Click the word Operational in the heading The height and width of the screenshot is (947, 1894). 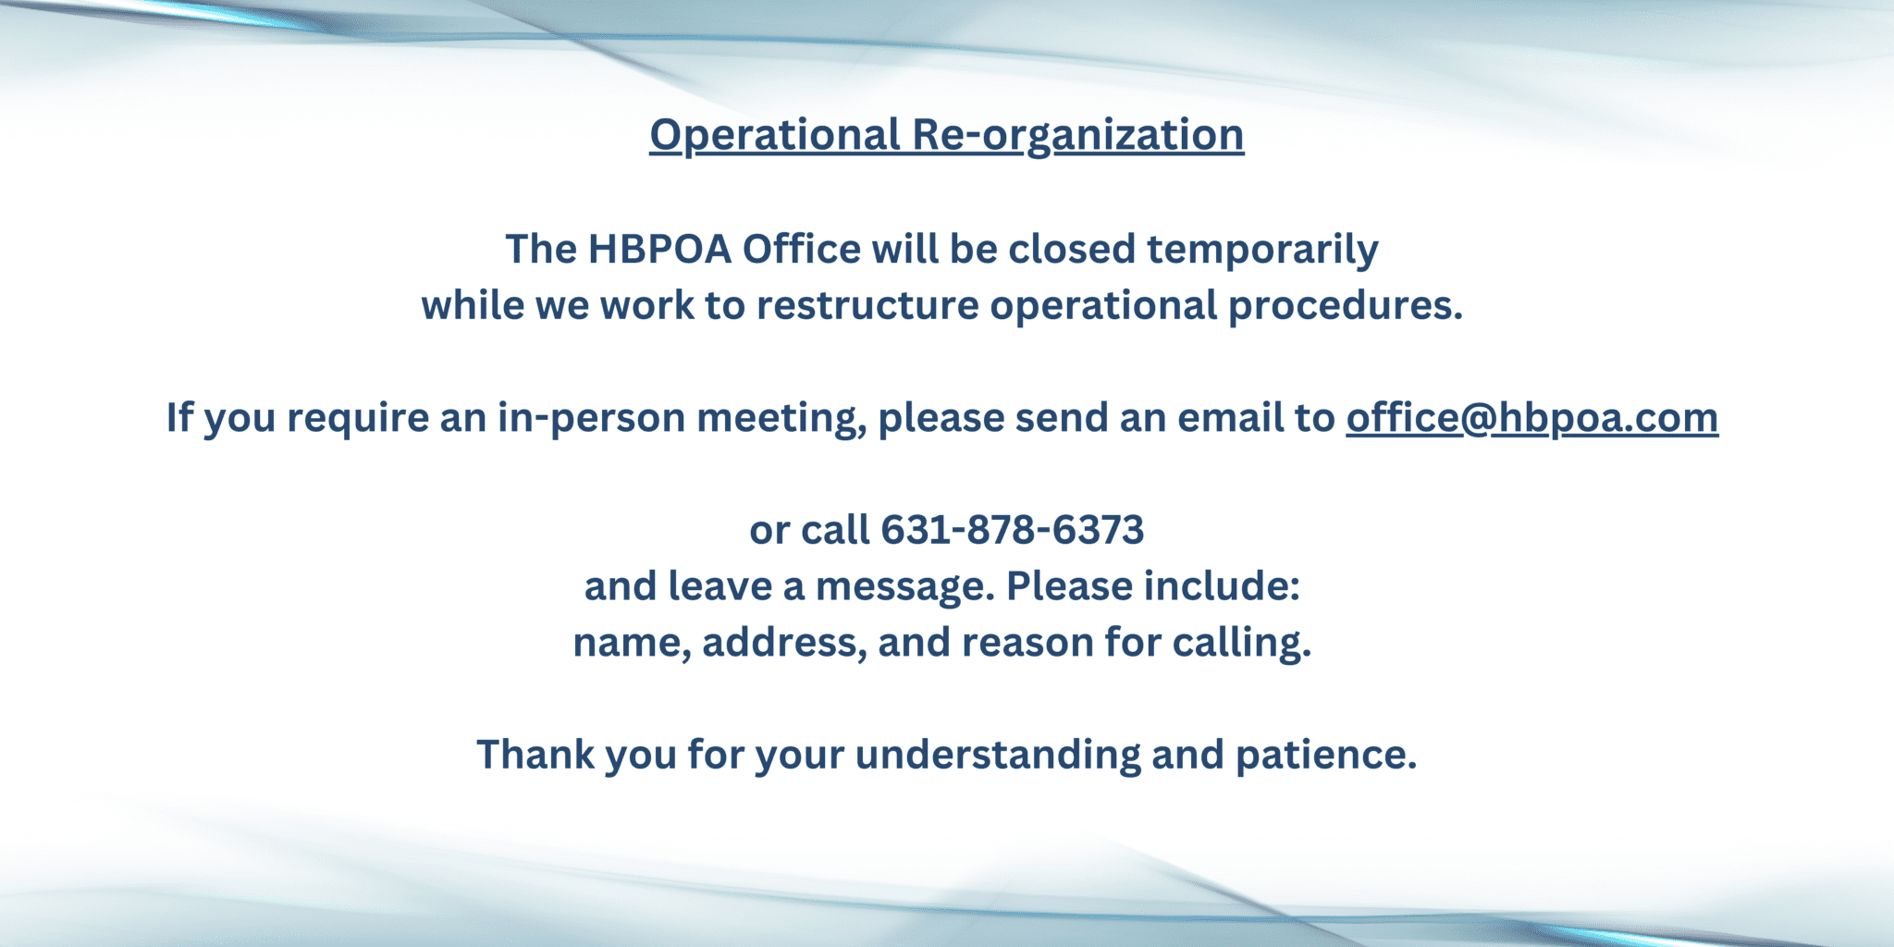(774, 135)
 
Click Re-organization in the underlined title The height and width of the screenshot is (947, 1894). (1077, 135)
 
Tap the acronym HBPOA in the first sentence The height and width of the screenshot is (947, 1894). (659, 250)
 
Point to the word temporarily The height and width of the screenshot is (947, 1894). (1262, 250)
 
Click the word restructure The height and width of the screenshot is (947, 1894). (867, 306)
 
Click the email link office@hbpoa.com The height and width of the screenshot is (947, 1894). (1531, 418)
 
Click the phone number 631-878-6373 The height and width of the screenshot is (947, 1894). (1012, 531)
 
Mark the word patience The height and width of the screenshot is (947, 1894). (1325, 756)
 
